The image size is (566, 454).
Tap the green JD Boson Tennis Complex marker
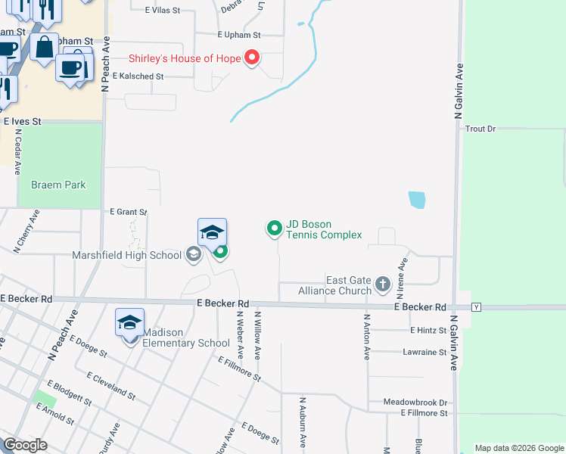click(273, 227)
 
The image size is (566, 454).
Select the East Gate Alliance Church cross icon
click(382, 285)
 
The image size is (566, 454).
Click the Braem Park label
click(58, 185)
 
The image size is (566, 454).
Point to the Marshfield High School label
click(126, 255)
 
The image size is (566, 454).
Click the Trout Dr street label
click(480, 129)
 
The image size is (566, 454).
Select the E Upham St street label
click(238, 35)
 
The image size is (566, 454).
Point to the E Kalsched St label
click(138, 76)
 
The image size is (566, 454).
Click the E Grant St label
click(128, 213)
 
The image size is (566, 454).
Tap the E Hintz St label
click(428, 331)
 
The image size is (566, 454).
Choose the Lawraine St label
click(424, 353)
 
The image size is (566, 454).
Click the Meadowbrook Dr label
click(415, 403)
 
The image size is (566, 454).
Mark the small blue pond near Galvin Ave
click(416, 200)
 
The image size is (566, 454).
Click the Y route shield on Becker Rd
click(477, 307)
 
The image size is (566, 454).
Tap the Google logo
click(26, 445)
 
